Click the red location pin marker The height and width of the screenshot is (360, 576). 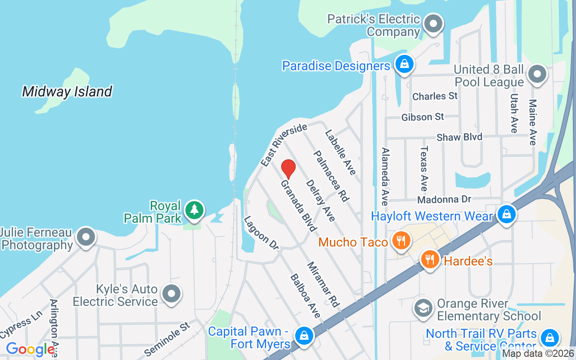[288, 169]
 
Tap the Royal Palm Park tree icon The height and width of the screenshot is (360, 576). [194, 210]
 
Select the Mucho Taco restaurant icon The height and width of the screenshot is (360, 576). [400, 241]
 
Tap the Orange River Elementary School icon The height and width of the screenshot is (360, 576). [423, 308]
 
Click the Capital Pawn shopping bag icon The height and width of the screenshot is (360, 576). [304, 336]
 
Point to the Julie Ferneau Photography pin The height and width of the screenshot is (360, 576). [85, 237]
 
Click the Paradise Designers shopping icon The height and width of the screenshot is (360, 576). [405, 64]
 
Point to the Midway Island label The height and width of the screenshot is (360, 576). [67, 92]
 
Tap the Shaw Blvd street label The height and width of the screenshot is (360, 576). [459, 137]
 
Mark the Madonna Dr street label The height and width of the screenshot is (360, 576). [444, 199]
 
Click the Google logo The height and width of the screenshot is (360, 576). [30, 349]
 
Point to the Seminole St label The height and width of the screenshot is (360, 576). [167, 338]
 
